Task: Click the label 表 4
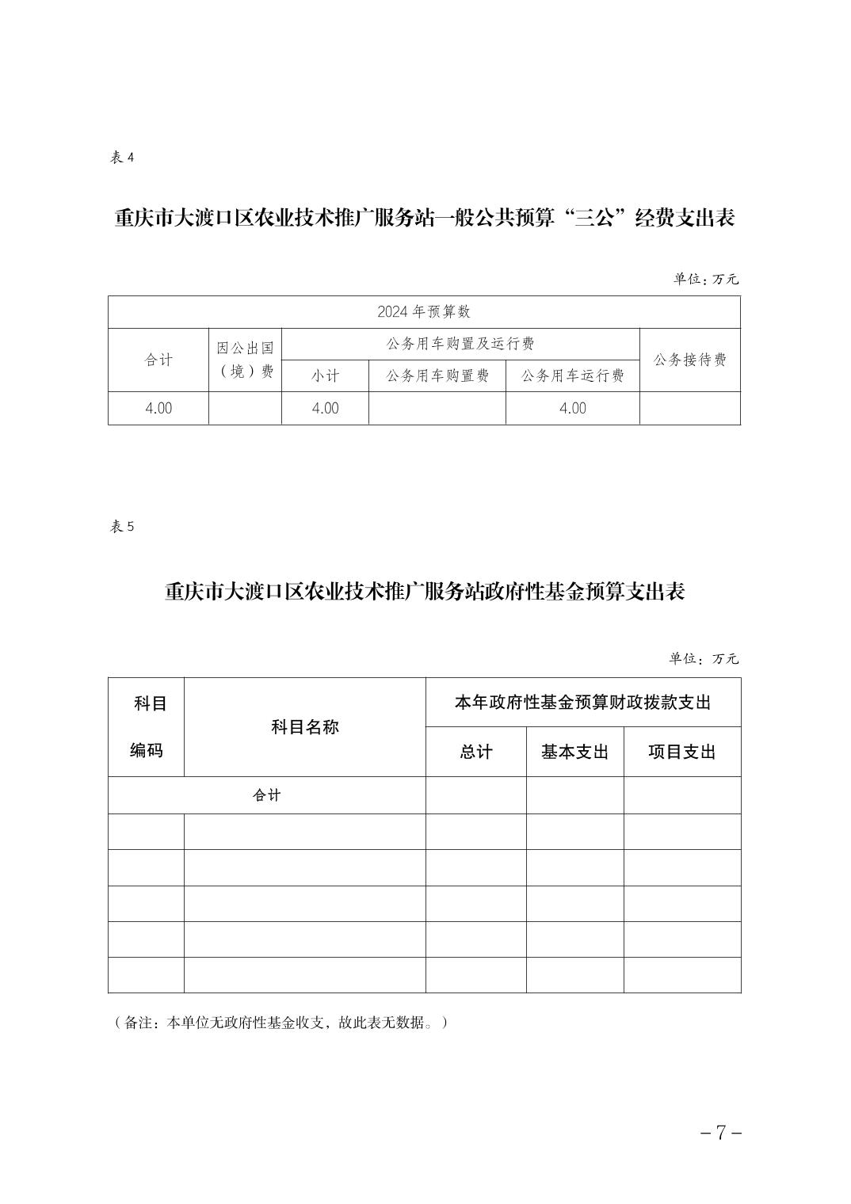pyautogui.click(x=122, y=158)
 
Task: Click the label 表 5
pyautogui.click(x=122, y=528)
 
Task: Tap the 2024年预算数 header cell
pyautogui.click(x=424, y=312)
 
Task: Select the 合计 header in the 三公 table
pyautogui.click(x=158, y=360)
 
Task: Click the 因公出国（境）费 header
pyautogui.click(x=246, y=360)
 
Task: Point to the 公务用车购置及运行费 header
pyautogui.click(x=460, y=344)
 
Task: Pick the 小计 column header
pyautogui.click(x=325, y=376)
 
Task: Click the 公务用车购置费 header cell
pyautogui.click(x=437, y=376)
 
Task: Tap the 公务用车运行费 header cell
pyautogui.click(x=573, y=376)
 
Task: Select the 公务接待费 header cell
pyautogui.click(x=690, y=360)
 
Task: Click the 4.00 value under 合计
pyautogui.click(x=158, y=409)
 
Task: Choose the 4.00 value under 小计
pyautogui.click(x=325, y=409)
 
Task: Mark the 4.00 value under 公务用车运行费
pyautogui.click(x=573, y=409)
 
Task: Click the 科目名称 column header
pyautogui.click(x=305, y=727)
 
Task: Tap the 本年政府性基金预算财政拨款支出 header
pyautogui.click(x=583, y=703)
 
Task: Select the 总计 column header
pyautogui.click(x=476, y=752)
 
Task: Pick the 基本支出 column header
pyautogui.click(x=574, y=752)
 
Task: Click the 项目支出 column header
pyautogui.click(x=682, y=752)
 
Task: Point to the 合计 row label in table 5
pyautogui.click(x=267, y=795)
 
